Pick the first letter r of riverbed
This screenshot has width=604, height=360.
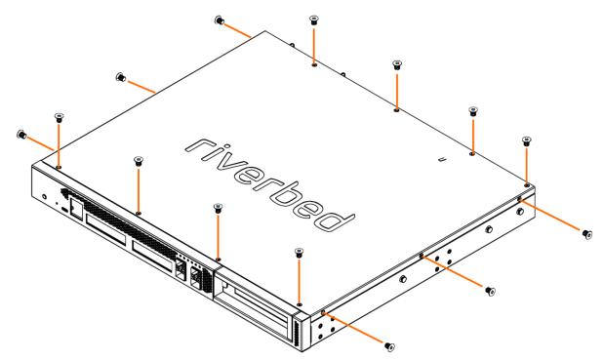[199, 146]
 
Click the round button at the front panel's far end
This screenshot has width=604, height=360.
[45, 196]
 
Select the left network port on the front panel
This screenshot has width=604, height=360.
[180, 268]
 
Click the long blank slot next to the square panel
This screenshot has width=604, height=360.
[105, 228]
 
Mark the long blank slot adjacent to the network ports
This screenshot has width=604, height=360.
[152, 256]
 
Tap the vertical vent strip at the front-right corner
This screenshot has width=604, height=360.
[298, 330]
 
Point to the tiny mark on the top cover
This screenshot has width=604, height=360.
[443, 158]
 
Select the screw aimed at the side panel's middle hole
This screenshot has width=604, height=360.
[490, 291]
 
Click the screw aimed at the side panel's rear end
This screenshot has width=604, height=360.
[587, 234]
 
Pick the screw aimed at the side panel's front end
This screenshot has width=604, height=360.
[390, 346]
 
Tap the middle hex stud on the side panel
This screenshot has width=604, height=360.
[489, 229]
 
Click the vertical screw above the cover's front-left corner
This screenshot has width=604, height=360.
[59, 118]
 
